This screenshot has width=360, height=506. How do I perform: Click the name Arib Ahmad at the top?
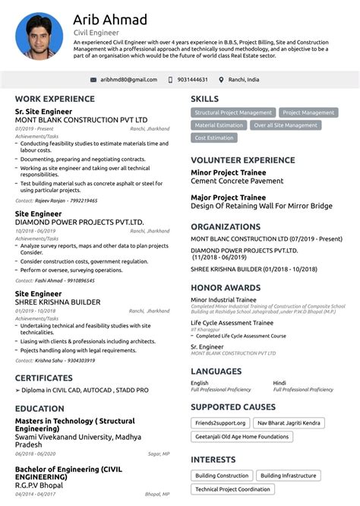tap(110, 19)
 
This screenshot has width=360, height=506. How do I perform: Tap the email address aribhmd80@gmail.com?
tap(128, 80)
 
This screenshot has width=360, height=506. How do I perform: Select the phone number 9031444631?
tap(192, 80)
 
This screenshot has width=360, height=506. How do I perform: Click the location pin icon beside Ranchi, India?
tap(221, 80)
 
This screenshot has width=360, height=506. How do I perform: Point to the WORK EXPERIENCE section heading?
tap(55, 99)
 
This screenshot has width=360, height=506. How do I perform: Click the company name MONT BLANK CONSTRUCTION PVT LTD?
tap(81, 120)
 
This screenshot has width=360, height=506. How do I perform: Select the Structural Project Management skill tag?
tap(232, 112)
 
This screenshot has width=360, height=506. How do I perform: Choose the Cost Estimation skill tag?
tap(214, 138)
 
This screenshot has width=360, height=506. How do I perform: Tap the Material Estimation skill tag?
tap(219, 125)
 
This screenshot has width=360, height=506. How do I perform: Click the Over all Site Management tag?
tap(286, 125)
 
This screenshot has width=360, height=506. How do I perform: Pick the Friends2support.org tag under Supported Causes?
tap(219, 422)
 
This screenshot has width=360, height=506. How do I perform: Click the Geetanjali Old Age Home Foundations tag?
tap(241, 436)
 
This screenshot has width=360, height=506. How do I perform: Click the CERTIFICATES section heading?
tap(44, 378)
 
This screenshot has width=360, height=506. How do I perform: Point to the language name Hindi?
tap(279, 383)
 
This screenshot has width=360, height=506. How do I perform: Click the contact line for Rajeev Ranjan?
tap(56, 201)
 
